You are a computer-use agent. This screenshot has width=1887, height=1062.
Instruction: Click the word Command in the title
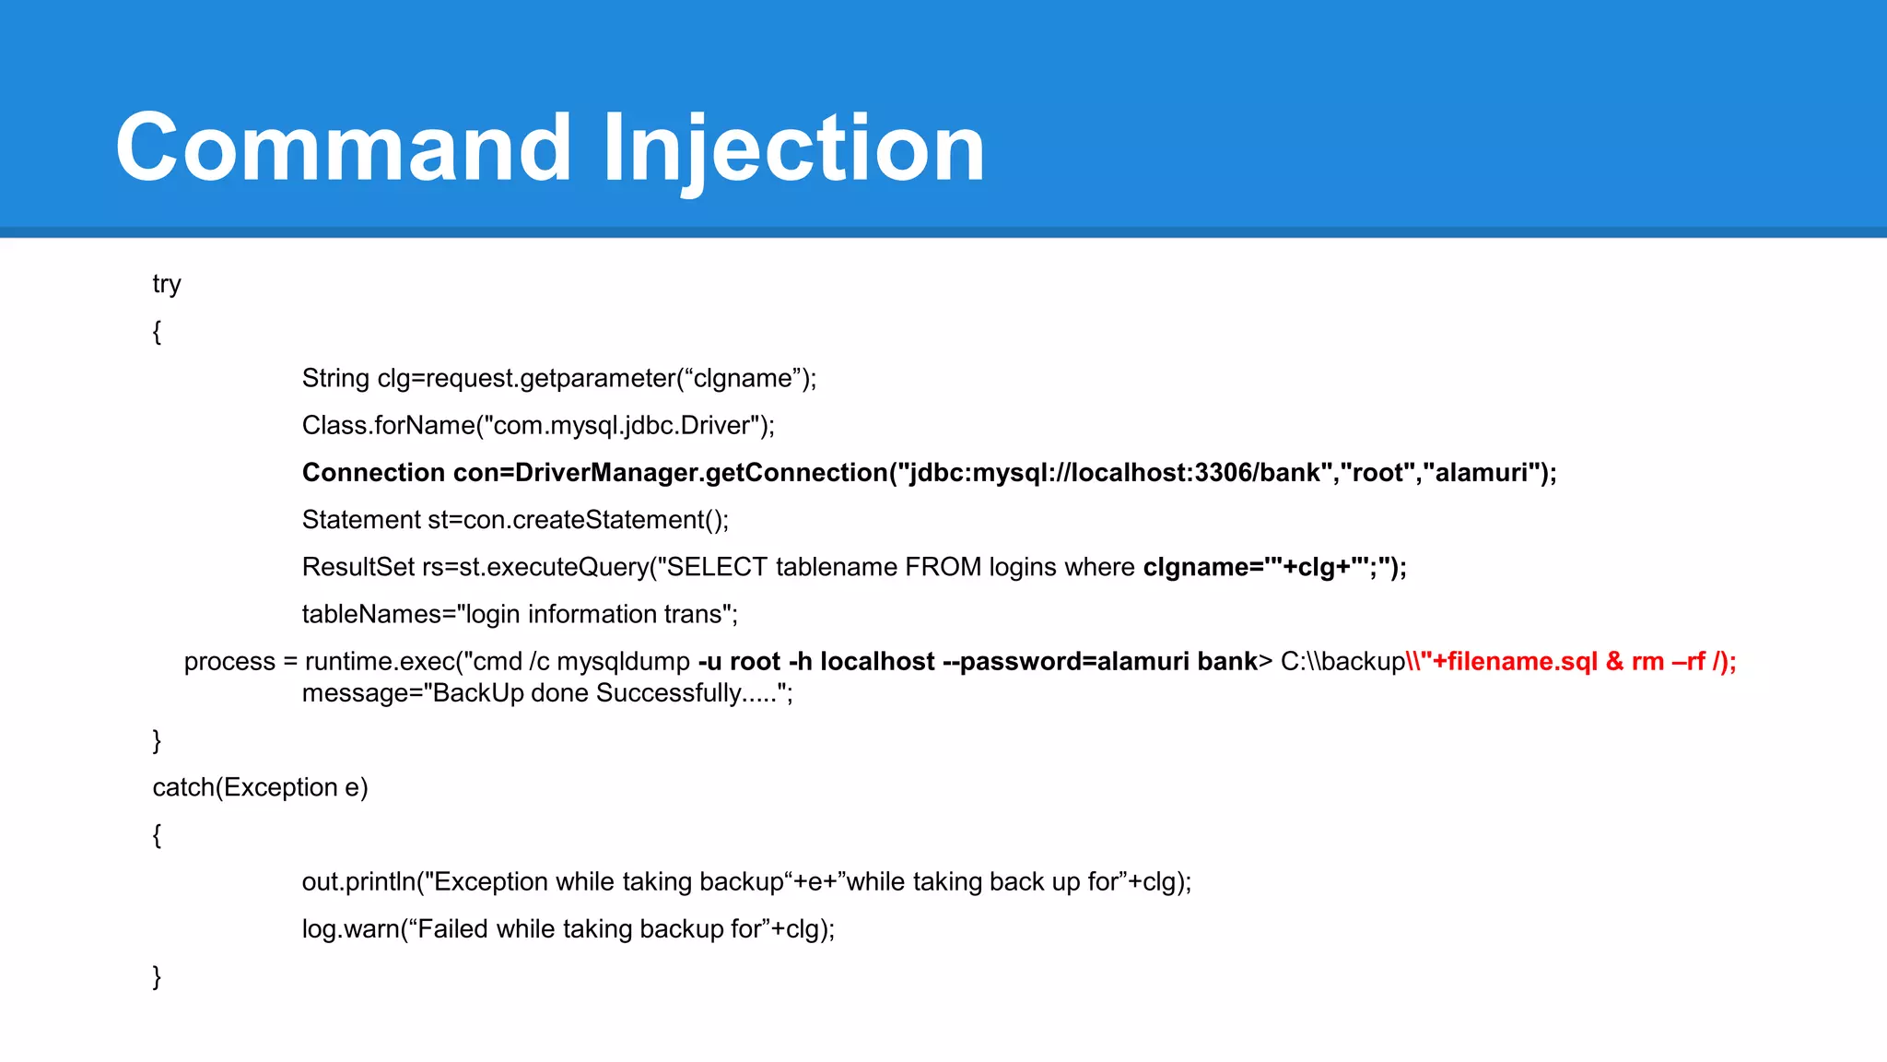click(343, 147)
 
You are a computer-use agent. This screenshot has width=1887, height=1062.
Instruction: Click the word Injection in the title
click(794, 147)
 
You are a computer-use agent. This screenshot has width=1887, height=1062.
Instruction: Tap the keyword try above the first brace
click(167, 284)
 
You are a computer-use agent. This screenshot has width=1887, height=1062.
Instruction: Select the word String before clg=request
click(335, 378)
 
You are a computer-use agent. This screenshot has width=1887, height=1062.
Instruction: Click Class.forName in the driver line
click(387, 425)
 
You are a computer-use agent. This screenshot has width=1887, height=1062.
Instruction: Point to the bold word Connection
click(373, 473)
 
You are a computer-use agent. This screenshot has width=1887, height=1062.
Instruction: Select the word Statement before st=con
click(361, 520)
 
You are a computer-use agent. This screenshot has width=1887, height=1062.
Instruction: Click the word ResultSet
click(358, 567)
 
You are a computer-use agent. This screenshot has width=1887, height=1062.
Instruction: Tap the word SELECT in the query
click(717, 567)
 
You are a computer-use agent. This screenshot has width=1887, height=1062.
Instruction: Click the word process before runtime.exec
click(229, 662)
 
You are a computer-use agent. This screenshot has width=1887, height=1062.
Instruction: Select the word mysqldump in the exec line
click(623, 662)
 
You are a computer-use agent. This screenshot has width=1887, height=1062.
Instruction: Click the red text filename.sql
click(1522, 662)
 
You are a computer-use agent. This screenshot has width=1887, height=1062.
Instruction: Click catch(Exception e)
click(260, 787)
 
